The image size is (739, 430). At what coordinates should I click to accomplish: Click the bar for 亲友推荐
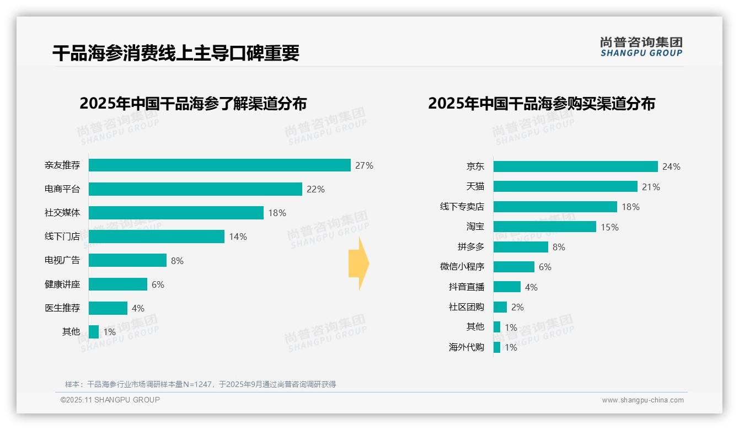pyautogui.click(x=219, y=165)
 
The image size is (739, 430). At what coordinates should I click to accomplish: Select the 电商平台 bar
pyautogui.click(x=195, y=189)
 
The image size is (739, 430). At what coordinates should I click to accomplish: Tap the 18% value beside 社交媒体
pyautogui.click(x=277, y=213)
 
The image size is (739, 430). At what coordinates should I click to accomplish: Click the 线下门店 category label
pyautogui.click(x=62, y=237)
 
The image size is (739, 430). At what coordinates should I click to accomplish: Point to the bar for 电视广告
pyautogui.click(x=127, y=260)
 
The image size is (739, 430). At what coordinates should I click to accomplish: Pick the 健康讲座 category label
pyautogui.click(x=62, y=284)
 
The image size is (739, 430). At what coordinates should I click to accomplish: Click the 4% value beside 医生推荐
pyautogui.click(x=138, y=308)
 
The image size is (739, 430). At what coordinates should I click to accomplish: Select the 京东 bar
pyautogui.click(x=575, y=166)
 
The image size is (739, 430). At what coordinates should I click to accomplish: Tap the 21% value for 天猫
pyautogui.click(x=651, y=187)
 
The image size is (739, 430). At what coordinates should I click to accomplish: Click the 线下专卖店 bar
pyautogui.click(x=555, y=207)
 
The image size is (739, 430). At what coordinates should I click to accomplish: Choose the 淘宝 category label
pyautogui.click(x=475, y=227)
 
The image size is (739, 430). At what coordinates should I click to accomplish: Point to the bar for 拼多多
pyautogui.click(x=521, y=247)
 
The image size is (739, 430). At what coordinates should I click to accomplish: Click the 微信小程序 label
pyautogui.click(x=462, y=267)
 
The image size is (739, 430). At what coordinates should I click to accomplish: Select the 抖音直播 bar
pyautogui.click(x=507, y=287)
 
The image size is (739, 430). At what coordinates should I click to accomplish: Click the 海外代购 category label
pyautogui.click(x=467, y=347)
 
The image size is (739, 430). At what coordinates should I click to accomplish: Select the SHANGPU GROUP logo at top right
pyautogui.click(x=641, y=47)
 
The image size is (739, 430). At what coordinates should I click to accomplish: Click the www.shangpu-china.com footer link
pyautogui.click(x=642, y=400)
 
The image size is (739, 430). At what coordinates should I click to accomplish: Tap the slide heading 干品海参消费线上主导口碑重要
pyautogui.click(x=176, y=53)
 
